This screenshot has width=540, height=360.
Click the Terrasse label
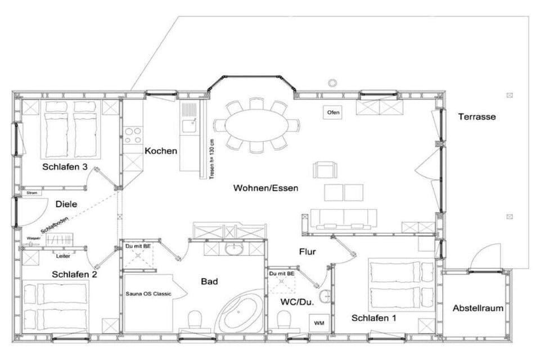476,117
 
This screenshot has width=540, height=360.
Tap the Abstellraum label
478,308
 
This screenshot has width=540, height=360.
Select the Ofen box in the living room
333,112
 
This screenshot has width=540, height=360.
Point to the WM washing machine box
319,323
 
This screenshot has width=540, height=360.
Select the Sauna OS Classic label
148,294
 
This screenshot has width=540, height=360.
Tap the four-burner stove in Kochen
133,135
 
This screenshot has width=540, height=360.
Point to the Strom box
32,193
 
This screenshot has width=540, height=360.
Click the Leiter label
63,256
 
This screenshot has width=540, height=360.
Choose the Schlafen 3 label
65,166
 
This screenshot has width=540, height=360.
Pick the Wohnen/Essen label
265,188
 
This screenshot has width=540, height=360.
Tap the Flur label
307,252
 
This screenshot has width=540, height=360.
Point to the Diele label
66,204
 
